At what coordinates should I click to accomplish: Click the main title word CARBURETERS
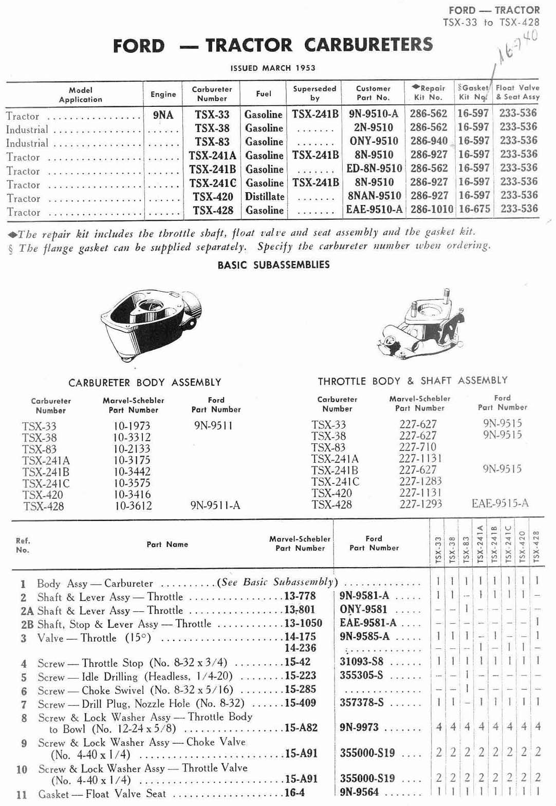tap(368, 45)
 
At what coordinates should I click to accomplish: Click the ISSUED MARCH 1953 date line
tap(272, 68)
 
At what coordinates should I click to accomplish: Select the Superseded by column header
tap(314, 93)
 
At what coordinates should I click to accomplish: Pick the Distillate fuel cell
tap(264, 196)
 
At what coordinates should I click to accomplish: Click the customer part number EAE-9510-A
tap(375, 210)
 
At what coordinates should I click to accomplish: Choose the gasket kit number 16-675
tap(473, 209)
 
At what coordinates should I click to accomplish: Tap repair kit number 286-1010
tap(432, 209)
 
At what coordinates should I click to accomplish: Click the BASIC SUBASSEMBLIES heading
tap(273, 265)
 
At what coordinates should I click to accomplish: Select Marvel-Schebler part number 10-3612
tap(133, 506)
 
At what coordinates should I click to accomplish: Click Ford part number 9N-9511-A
tap(215, 505)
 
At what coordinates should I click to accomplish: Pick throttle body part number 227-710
tap(417, 447)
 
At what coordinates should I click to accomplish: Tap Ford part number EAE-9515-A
tap(499, 503)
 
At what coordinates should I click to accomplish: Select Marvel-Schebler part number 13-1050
tap(303, 624)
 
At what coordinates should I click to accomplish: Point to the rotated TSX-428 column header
tap(536, 546)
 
